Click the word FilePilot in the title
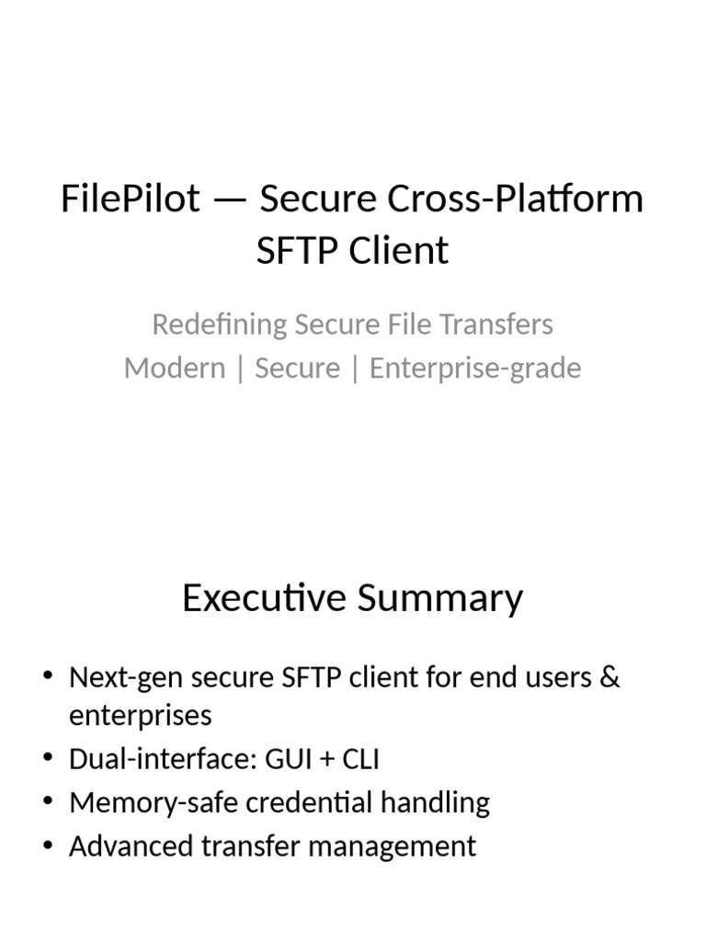click(x=130, y=198)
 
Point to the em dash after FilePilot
click(x=230, y=199)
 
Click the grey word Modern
click(x=175, y=368)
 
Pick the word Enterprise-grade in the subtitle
click(x=475, y=368)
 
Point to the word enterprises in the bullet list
click(x=140, y=715)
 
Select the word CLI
click(x=363, y=759)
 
